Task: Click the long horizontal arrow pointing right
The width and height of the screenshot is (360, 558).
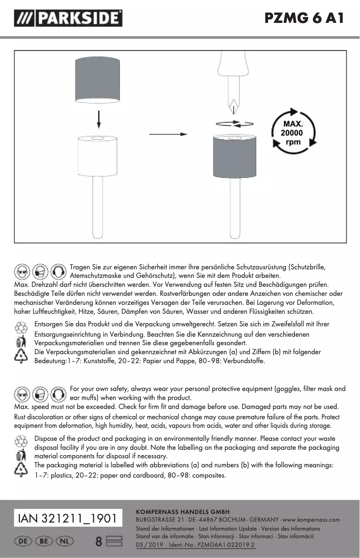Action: pos(168,134)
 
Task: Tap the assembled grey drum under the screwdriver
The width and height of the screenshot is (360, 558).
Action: pos(234,157)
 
